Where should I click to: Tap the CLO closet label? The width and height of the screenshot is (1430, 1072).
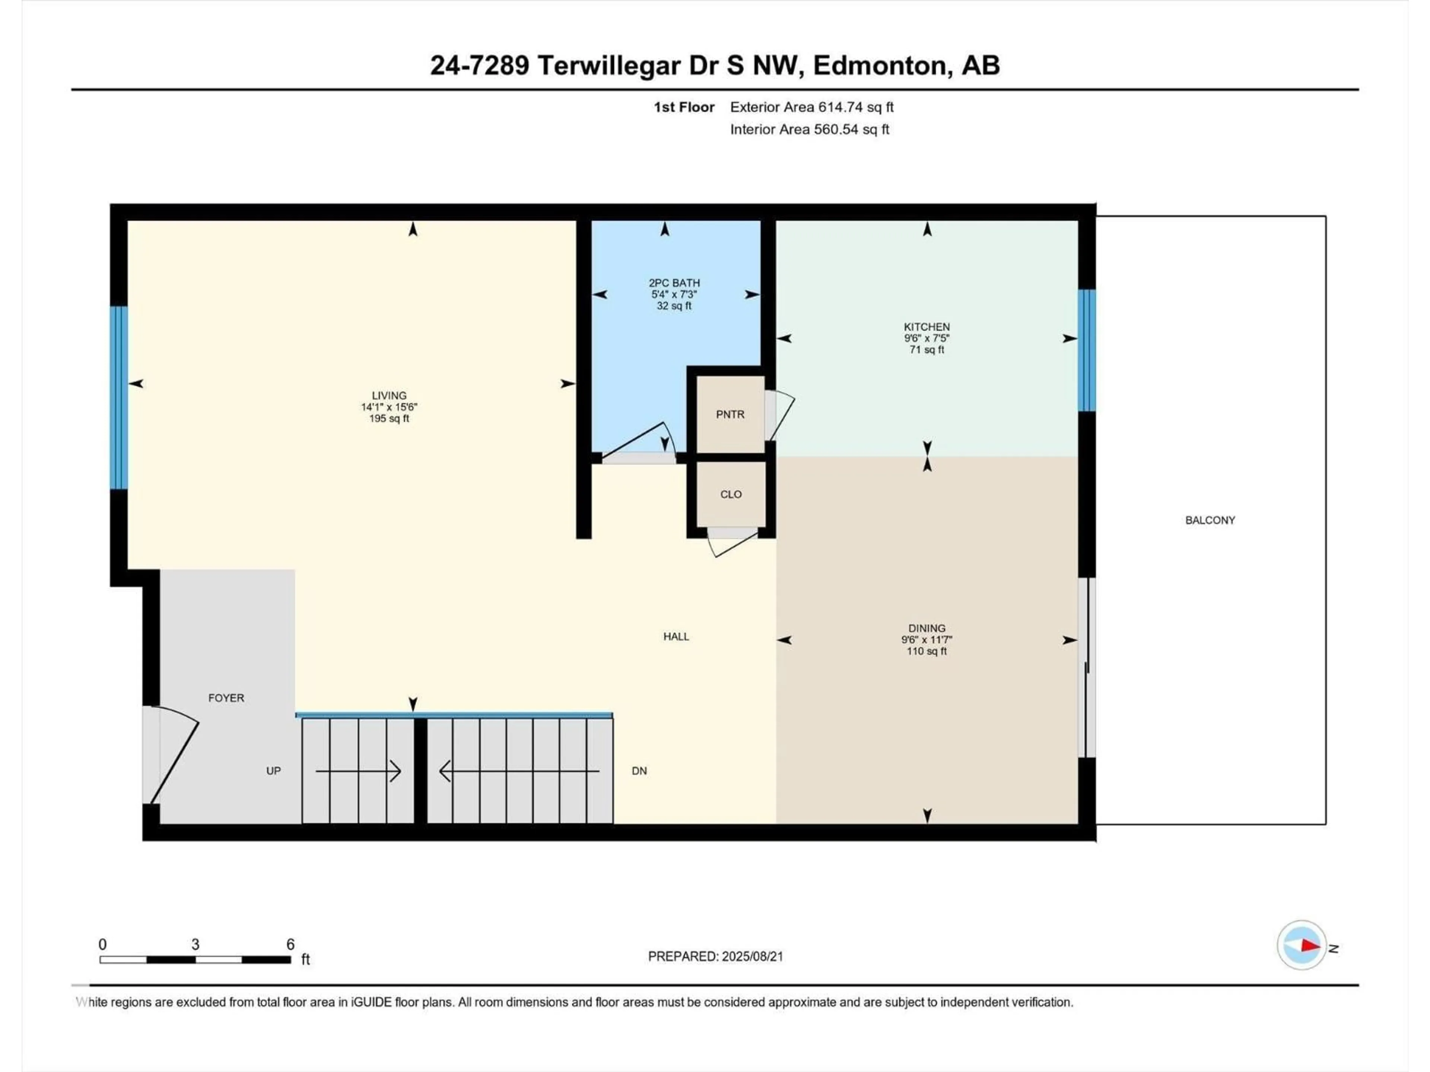coord(731,494)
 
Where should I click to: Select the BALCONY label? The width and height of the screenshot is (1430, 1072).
coord(1210,520)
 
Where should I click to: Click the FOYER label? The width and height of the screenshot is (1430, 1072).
coord(226,698)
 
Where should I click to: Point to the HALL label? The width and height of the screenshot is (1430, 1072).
coord(676,636)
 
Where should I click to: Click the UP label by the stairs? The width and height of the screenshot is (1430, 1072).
coord(273,771)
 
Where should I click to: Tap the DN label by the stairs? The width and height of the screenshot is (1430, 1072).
coord(639,771)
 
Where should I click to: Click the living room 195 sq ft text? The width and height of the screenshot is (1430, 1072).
coord(389,419)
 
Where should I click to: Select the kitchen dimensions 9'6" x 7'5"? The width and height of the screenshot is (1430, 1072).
coord(927,338)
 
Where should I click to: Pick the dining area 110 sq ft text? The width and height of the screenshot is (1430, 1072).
coord(927,651)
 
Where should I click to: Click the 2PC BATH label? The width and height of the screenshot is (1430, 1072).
coord(674,283)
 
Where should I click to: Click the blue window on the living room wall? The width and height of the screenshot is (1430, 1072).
coord(119,398)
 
